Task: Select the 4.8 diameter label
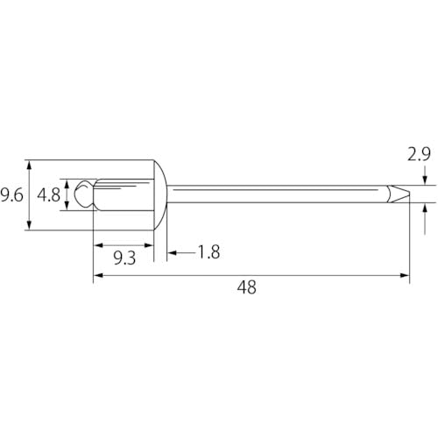(50, 195)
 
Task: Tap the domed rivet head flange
(160, 194)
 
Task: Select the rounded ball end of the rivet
(83, 194)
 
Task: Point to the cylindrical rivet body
(123, 194)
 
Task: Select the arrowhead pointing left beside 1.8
(172, 252)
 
